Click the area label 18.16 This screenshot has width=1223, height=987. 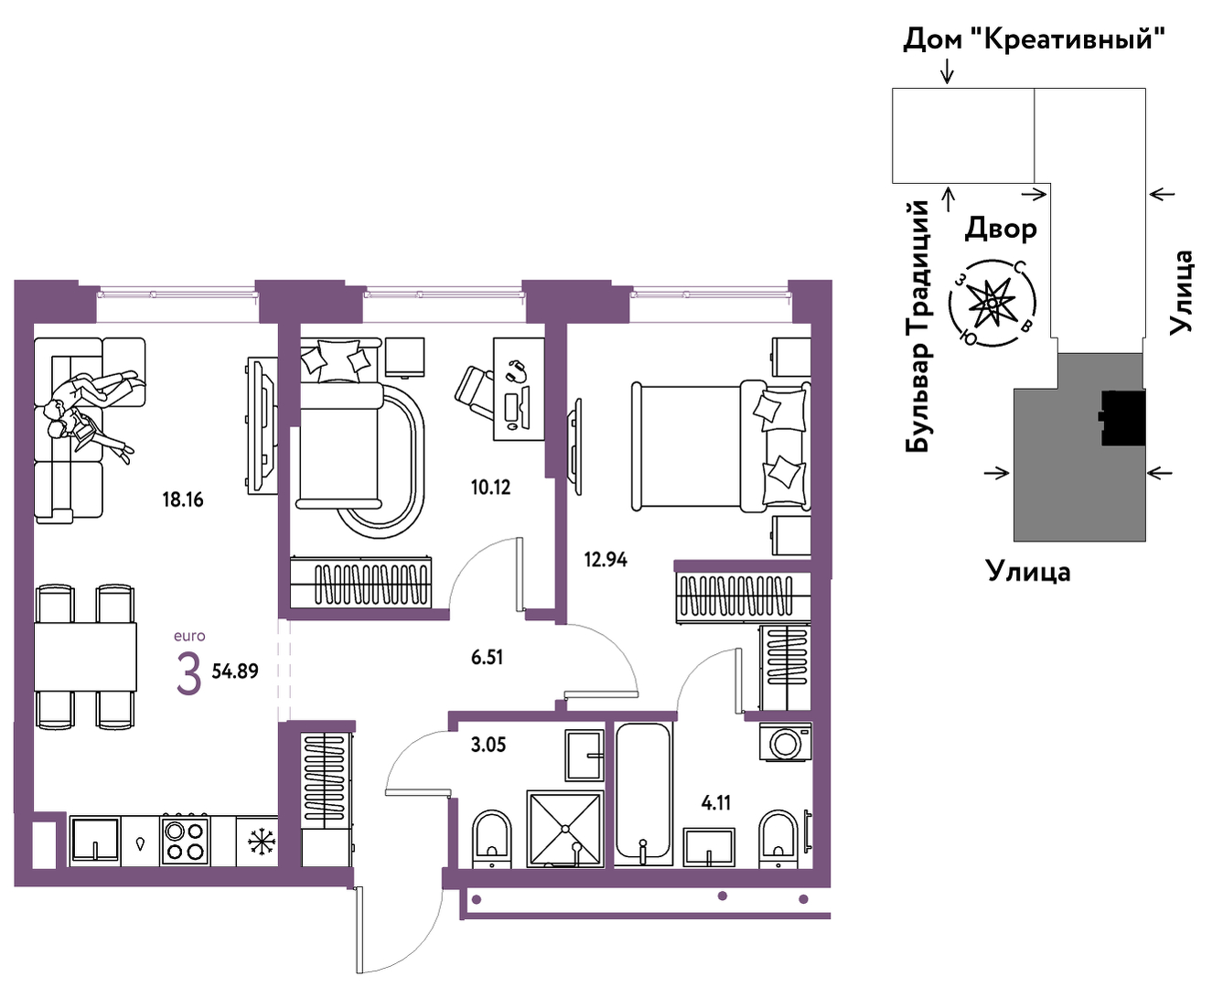click(x=183, y=499)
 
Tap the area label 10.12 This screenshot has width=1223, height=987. click(x=490, y=488)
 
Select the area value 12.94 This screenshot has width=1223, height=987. click(x=606, y=559)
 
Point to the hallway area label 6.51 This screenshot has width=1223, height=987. click(x=487, y=658)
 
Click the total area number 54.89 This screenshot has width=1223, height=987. click(x=235, y=671)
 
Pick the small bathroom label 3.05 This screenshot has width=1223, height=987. click(x=488, y=746)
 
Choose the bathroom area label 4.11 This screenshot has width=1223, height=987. click(x=716, y=803)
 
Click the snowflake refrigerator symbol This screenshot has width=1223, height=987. click(x=262, y=842)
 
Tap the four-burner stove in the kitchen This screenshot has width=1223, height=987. click(x=184, y=840)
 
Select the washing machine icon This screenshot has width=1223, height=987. click(x=785, y=743)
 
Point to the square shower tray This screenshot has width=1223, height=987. click(x=565, y=829)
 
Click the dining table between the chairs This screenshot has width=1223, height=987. click(x=86, y=657)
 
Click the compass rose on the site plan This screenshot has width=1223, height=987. click(x=992, y=302)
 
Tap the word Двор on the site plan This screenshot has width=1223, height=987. click(x=1001, y=229)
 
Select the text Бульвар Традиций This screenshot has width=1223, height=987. click(x=917, y=327)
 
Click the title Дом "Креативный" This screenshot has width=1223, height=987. click(x=1034, y=39)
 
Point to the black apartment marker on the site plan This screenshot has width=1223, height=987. click(x=1123, y=417)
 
